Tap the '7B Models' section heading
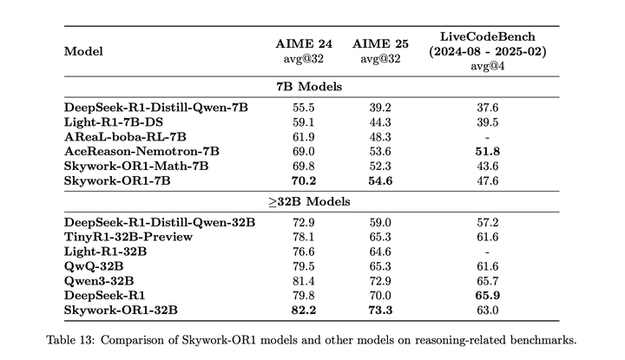(309, 87)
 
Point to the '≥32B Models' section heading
(309, 201)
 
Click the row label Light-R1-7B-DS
(114, 122)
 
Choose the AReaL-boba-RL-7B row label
(125, 137)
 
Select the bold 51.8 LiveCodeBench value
(488, 151)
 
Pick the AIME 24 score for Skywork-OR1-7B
(304, 180)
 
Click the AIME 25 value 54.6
(380, 180)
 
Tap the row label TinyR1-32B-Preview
(128, 237)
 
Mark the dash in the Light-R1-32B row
(488, 252)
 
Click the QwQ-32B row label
(94, 266)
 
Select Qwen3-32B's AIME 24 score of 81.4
(304, 281)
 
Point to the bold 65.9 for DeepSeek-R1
(488, 296)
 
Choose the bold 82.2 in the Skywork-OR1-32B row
(304, 310)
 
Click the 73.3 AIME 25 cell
(380, 310)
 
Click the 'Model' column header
(83, 51)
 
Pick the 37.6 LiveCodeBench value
(488, 108)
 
